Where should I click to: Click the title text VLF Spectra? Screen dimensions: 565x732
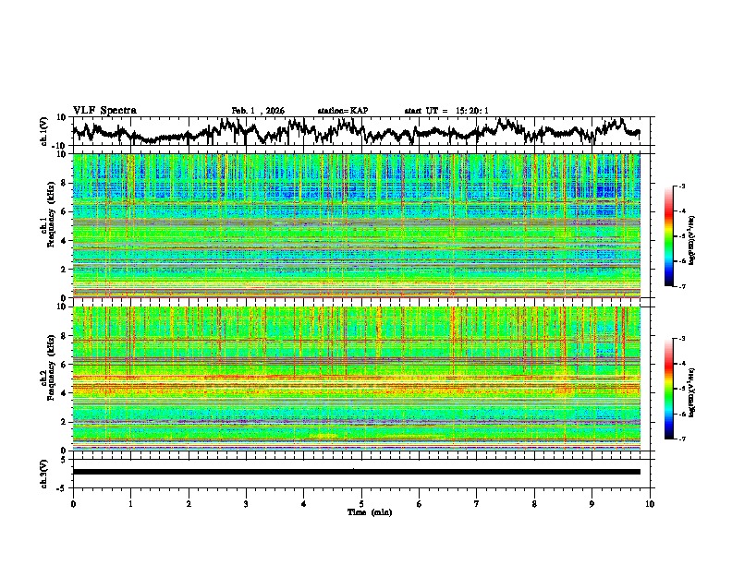click(104, 111)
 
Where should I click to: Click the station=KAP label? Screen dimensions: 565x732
click(342, 111)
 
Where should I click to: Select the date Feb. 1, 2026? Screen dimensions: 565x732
click(258, 111)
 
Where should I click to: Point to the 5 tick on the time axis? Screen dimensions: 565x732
click(361, 503)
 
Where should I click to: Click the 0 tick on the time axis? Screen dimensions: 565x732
click(73, 503)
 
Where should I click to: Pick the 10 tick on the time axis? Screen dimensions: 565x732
click(650, 503)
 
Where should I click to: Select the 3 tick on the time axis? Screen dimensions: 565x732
click(246, 503)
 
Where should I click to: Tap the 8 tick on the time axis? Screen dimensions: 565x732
click(534, 503)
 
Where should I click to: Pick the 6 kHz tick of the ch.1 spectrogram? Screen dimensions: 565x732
click(63, 211)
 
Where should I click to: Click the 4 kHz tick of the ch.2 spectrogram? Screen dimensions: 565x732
click(63, 392)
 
